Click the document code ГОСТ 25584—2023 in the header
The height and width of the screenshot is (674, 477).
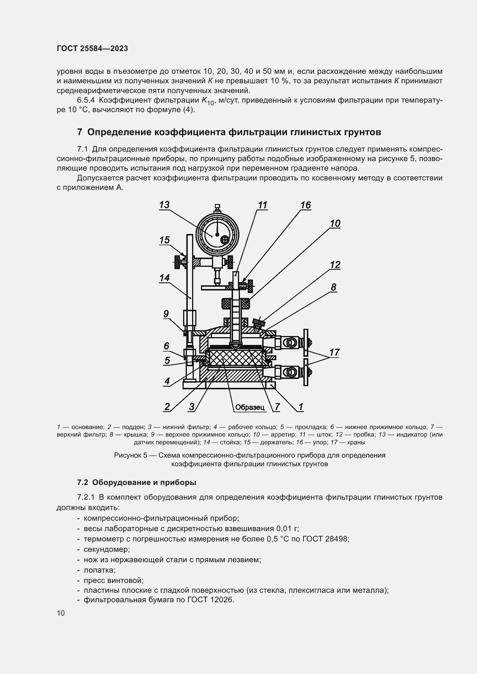click(92, 49)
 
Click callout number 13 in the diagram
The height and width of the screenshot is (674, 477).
click(164, 205)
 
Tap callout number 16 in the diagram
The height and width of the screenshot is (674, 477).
click(305, 205)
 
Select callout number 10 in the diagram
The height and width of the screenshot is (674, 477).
click(335, 223)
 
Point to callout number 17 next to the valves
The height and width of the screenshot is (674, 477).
click(335, 352)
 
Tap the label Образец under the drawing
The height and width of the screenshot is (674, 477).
click(250, 407)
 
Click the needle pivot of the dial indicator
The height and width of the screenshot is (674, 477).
click(217, 235)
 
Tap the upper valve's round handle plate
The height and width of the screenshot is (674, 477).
click(306, 342)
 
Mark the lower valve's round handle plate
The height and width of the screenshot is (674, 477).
click(306, 372)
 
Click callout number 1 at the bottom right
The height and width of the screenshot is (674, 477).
click(301, 407)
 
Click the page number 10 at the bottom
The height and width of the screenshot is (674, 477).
click(61, 613)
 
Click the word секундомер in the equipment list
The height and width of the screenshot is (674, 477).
click(106, 549)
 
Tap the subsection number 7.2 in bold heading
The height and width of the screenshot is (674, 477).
click(83, 482)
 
